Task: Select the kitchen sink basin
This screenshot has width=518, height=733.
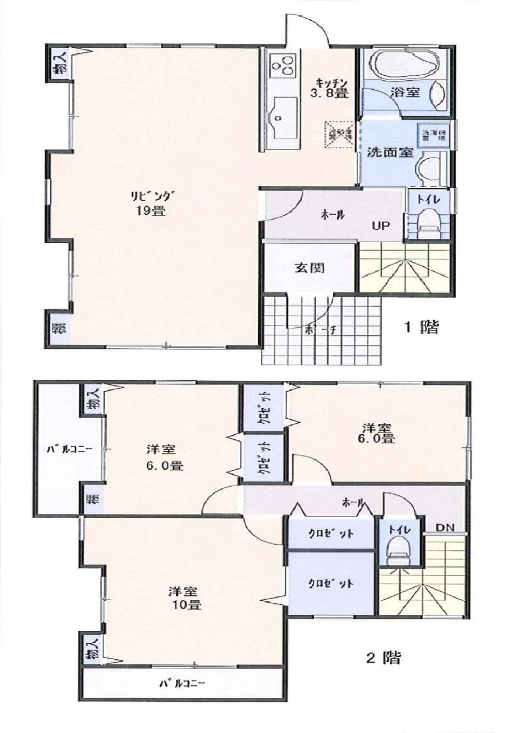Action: (x=282, y=111)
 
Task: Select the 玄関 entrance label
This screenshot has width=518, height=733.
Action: (x=310, y=268)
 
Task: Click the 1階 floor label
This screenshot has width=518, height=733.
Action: (x=421, y=327)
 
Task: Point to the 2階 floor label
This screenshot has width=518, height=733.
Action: (x=383, y=658)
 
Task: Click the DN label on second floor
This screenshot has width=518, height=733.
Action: (x=444, y=528)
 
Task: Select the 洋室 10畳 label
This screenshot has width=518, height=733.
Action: (x=185, y=598)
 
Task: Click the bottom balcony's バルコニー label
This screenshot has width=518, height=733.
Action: (x=181, y=683)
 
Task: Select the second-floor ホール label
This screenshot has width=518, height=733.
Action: (x=353, y=502)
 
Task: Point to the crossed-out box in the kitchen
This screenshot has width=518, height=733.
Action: (x=340, y=133)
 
